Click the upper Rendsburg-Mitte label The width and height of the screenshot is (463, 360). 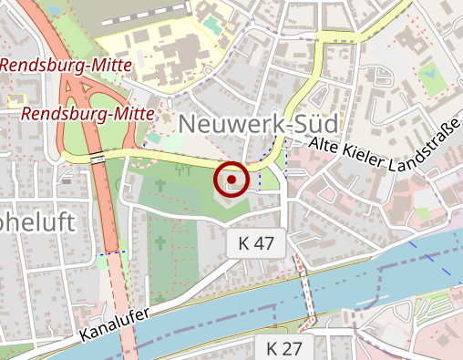click(x=56, y=65)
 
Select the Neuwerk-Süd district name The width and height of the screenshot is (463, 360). click(x=259, y=125)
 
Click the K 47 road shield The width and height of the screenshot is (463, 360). click(x=256, y=243)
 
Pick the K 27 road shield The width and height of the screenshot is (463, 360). click(x=283, y=347)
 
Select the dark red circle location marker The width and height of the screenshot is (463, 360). click(x=232, y=180)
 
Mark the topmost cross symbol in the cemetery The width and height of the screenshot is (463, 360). click(x=161, y=185)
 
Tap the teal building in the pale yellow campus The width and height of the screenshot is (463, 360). click(x=211, y=22)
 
